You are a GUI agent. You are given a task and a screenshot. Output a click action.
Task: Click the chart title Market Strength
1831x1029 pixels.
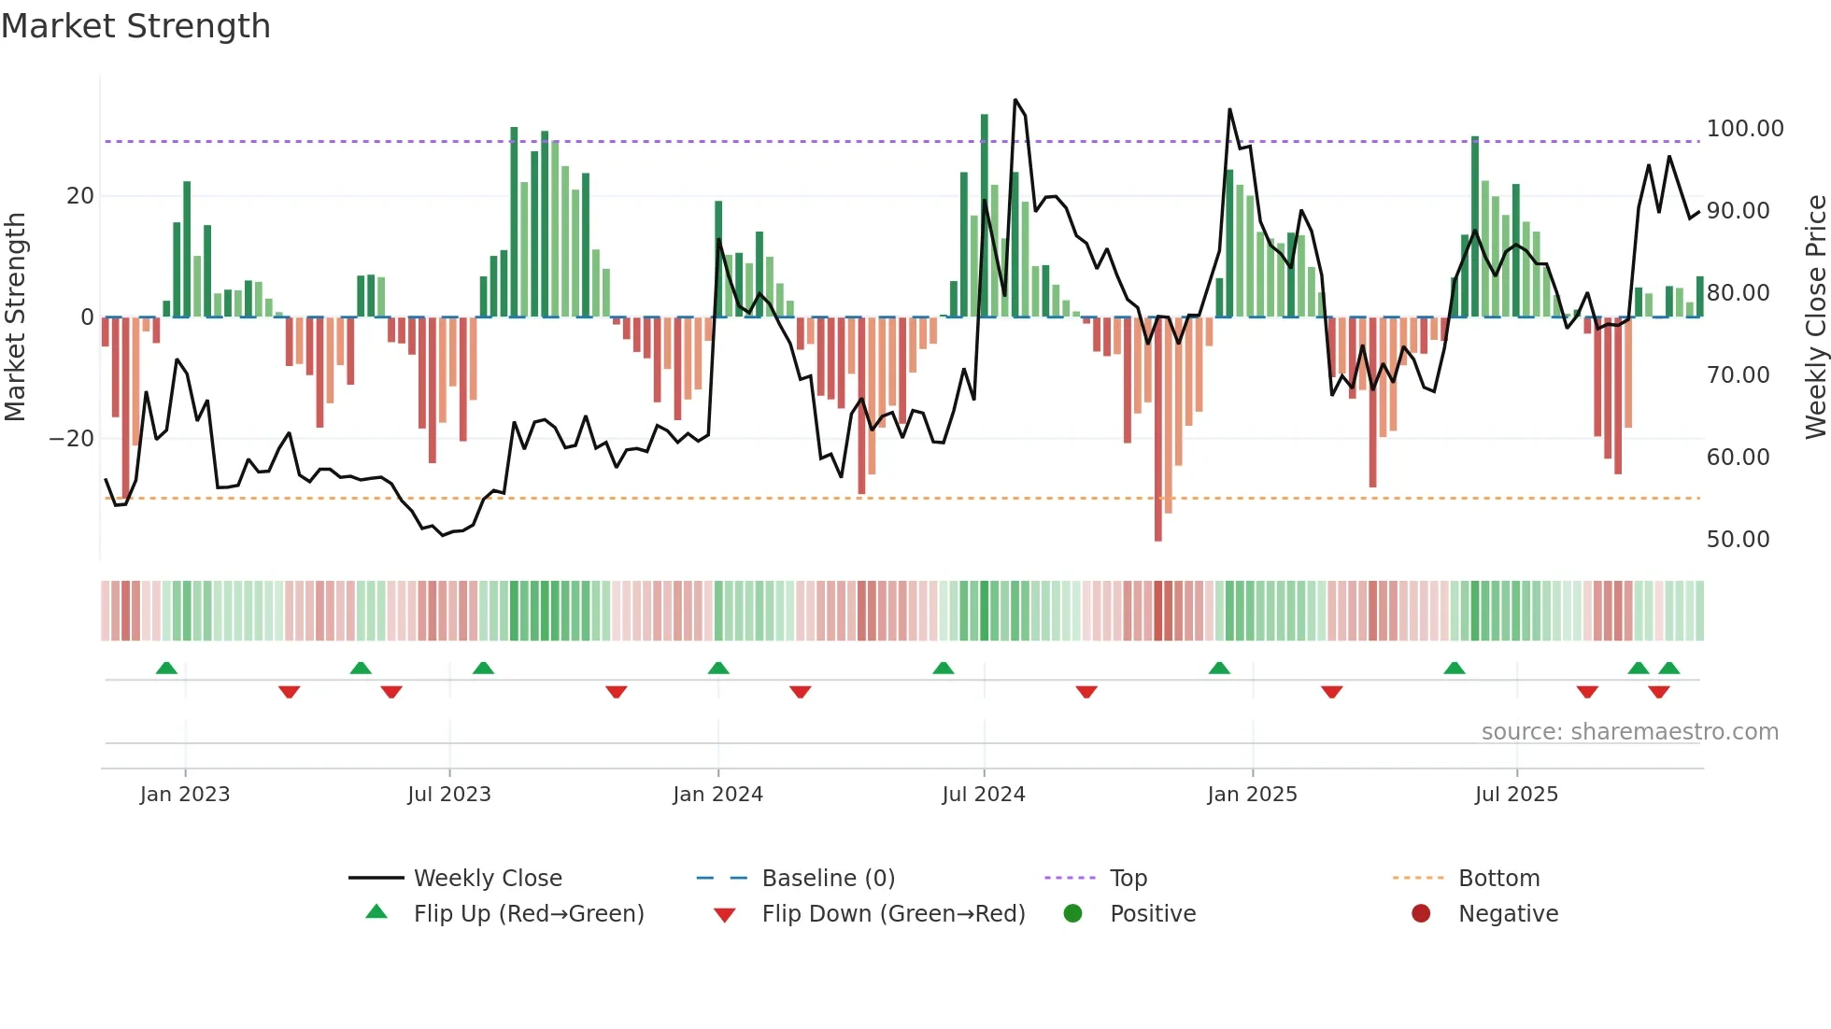[x=135, y=26]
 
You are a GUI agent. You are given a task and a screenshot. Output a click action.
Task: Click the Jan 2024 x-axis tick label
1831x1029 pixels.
[x=717, y=795]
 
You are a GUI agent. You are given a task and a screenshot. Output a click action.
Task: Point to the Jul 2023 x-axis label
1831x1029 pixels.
[x=448, y=795]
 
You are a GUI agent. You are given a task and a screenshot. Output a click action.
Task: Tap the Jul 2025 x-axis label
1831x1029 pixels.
[x=1516, y=795]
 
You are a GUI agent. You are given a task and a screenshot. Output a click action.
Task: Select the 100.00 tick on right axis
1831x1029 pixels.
[x=1744, y=129]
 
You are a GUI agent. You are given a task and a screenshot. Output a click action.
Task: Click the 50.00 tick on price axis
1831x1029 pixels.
[x=1738, y=540]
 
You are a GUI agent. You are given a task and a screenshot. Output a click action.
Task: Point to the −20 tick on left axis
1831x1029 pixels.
[x=72, y=439]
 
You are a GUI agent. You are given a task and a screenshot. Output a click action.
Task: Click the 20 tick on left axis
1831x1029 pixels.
[x=80, y=196]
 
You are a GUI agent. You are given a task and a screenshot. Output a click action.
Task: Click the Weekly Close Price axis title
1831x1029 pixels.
[x=1815, y=317]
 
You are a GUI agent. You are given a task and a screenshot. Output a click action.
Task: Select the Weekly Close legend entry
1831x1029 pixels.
[x=487, y=879]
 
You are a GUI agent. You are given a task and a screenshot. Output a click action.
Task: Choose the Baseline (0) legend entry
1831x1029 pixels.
[x=828, y=879]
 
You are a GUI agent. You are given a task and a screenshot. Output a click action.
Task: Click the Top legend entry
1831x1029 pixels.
[x=1128, y=879]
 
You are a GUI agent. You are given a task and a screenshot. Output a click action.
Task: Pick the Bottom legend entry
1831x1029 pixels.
[x=1498, y=879]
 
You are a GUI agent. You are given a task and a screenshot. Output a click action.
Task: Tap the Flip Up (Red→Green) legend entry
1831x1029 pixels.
[x=528, y=914]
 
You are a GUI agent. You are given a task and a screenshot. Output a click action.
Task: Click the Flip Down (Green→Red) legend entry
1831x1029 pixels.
[x=892, y=914]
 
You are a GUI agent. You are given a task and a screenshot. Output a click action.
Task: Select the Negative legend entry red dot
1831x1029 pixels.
[x=1421, y=913]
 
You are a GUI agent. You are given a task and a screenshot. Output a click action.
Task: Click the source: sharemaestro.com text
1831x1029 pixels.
[x=1629, y=732]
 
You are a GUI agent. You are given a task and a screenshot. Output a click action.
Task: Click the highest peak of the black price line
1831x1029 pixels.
[x=1015, y=100]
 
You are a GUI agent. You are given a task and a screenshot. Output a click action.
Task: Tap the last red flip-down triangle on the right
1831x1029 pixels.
[x=1659, y=692]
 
